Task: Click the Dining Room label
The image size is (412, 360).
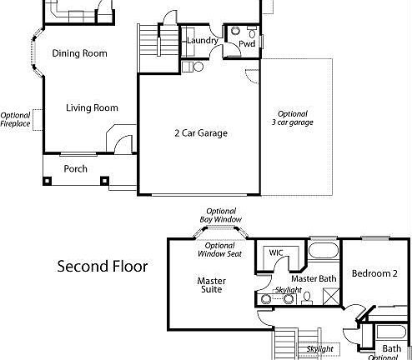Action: click(79, 53)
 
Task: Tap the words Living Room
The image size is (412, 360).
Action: click(92, 107)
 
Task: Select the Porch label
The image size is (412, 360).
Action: click(76, 168)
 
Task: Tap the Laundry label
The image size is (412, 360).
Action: click(203, 41)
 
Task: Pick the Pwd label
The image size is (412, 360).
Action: click(247, 43)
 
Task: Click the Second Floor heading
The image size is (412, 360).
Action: click(102, 267)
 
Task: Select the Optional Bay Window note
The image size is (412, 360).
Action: click(219, 215)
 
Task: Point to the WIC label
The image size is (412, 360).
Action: click(276, 252)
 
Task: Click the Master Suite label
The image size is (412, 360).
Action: click(211, 286)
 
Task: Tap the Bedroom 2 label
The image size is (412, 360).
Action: click(374, 273)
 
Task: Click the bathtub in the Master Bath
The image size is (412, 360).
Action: click(323, 249)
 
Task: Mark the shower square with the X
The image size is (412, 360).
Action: click(329, 296)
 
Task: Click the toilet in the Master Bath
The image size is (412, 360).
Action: click(307, 296)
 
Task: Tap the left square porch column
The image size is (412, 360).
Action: click(47, 180)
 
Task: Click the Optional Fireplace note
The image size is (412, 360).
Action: click(16, 121)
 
